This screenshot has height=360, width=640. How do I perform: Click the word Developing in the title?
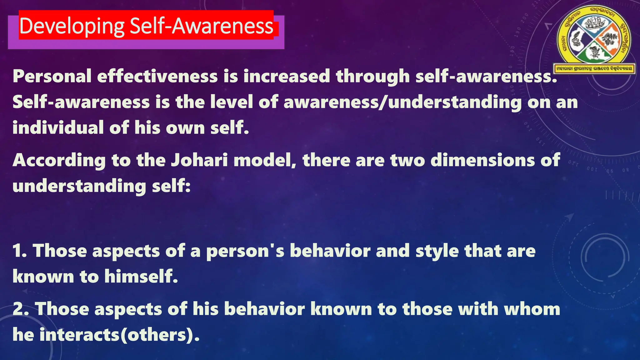[x=72, y=26]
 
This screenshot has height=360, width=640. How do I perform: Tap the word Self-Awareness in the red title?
[x=202, y=26]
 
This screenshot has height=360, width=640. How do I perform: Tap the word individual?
[x=58, y=128]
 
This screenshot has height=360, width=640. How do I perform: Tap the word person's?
[x=245, y=251]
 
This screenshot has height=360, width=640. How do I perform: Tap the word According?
[x=59, y=160]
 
